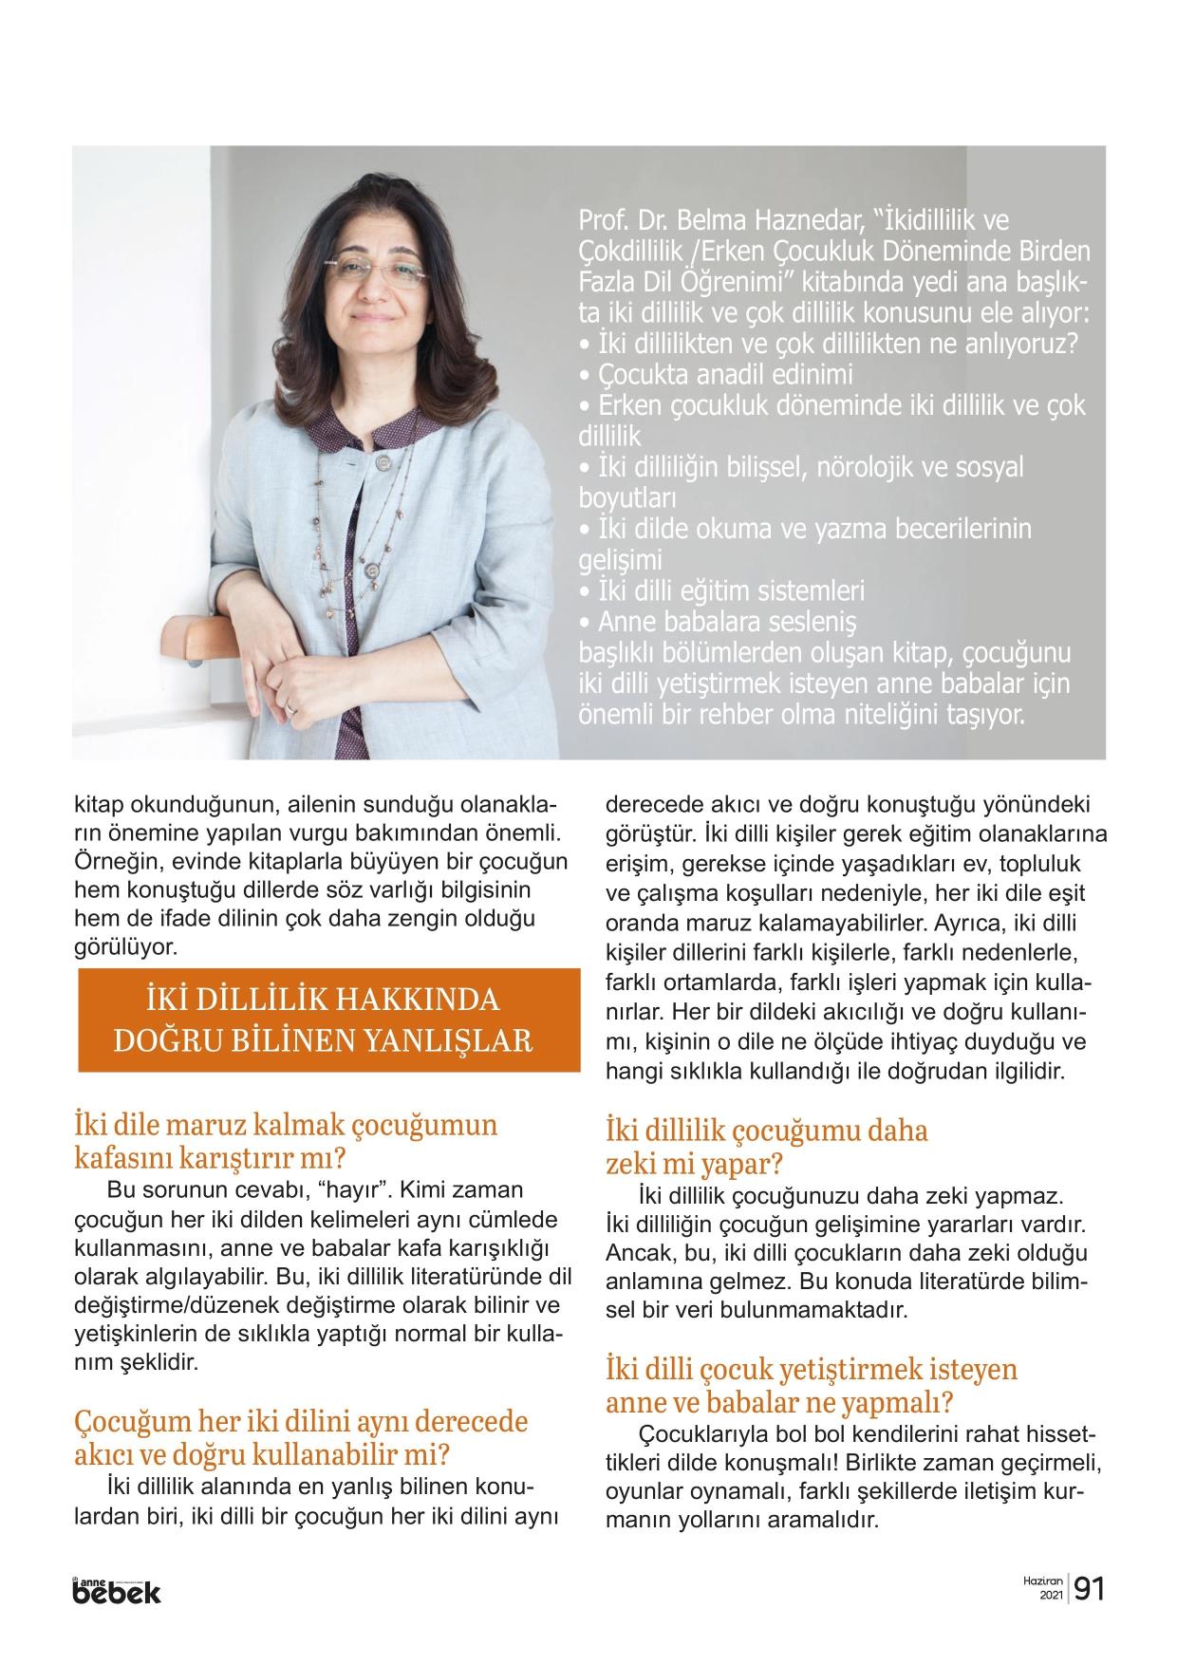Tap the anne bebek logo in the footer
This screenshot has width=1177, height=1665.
coord(117,1590)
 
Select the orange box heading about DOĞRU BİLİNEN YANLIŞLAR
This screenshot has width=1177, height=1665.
coord(327,1021)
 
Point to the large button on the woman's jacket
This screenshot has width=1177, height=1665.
coord(383,463)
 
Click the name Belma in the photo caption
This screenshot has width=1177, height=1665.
coord(711,221)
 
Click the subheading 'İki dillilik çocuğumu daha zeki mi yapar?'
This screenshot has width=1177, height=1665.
coord(766,1147)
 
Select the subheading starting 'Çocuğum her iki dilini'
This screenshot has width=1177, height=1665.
coord(300,1437)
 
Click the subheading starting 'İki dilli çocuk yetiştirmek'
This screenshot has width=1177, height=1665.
coord(797,1385)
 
